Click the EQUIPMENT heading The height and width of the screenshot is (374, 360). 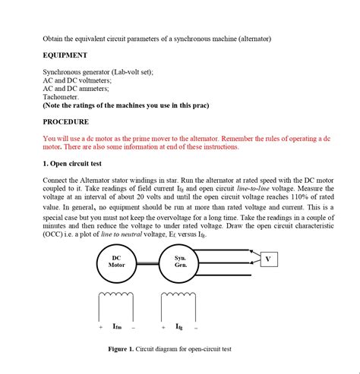click(65, 55)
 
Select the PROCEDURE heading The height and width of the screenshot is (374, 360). click(65, 121)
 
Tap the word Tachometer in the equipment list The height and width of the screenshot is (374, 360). click(61, 97)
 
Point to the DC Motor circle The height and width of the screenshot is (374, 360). click(116, 262)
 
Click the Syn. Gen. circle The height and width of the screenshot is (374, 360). click(180, 262)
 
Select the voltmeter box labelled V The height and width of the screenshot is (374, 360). click(268, 259)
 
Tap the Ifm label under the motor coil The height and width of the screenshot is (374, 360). click(117, 327)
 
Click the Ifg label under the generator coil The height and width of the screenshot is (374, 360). click(180, 327)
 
